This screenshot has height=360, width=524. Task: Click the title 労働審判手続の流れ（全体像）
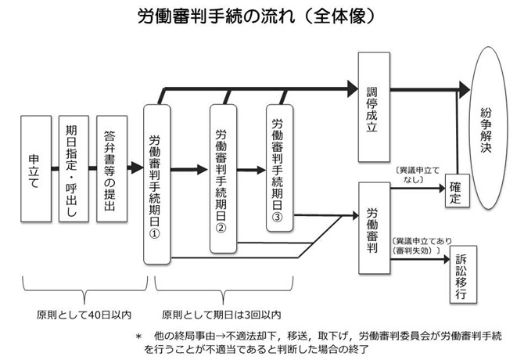(262, 15)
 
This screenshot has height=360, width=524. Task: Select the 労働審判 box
(373, 227)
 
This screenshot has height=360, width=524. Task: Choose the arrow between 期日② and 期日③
(251, 167)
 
